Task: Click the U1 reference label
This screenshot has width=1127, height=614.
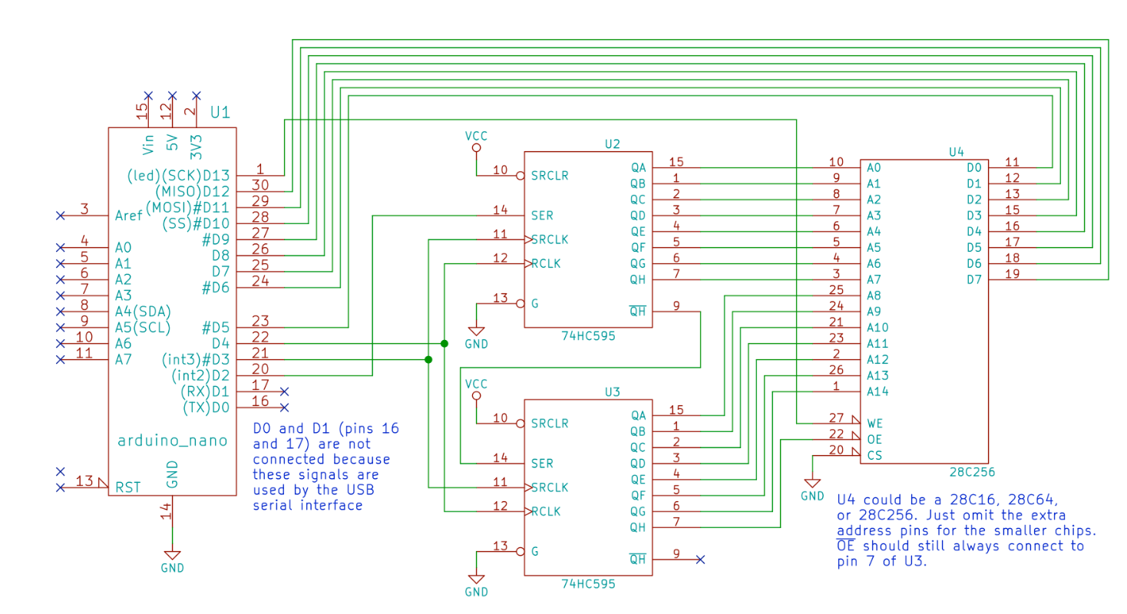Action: coord(220,113)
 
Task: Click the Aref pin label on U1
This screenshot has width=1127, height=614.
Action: coord(129,216)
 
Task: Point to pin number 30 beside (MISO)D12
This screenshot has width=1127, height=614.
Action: coord(260,185)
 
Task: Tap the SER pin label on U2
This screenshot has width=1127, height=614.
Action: coord(542,216)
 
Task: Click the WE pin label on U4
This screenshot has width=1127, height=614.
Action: coord(874,423)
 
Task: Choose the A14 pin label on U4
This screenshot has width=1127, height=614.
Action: coord(878,391)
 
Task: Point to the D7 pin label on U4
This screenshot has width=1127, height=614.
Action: coord(974,280)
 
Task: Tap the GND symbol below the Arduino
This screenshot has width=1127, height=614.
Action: coord(172,560)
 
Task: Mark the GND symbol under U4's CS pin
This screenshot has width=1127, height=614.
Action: coord(812,489)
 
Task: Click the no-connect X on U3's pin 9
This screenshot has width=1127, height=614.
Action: coord(699,560)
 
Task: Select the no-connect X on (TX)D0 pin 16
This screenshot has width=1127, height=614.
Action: coord(284,407)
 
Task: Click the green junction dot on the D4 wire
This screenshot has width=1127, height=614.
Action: coord(445,343)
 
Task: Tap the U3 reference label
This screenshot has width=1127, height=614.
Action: coord(612,391)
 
